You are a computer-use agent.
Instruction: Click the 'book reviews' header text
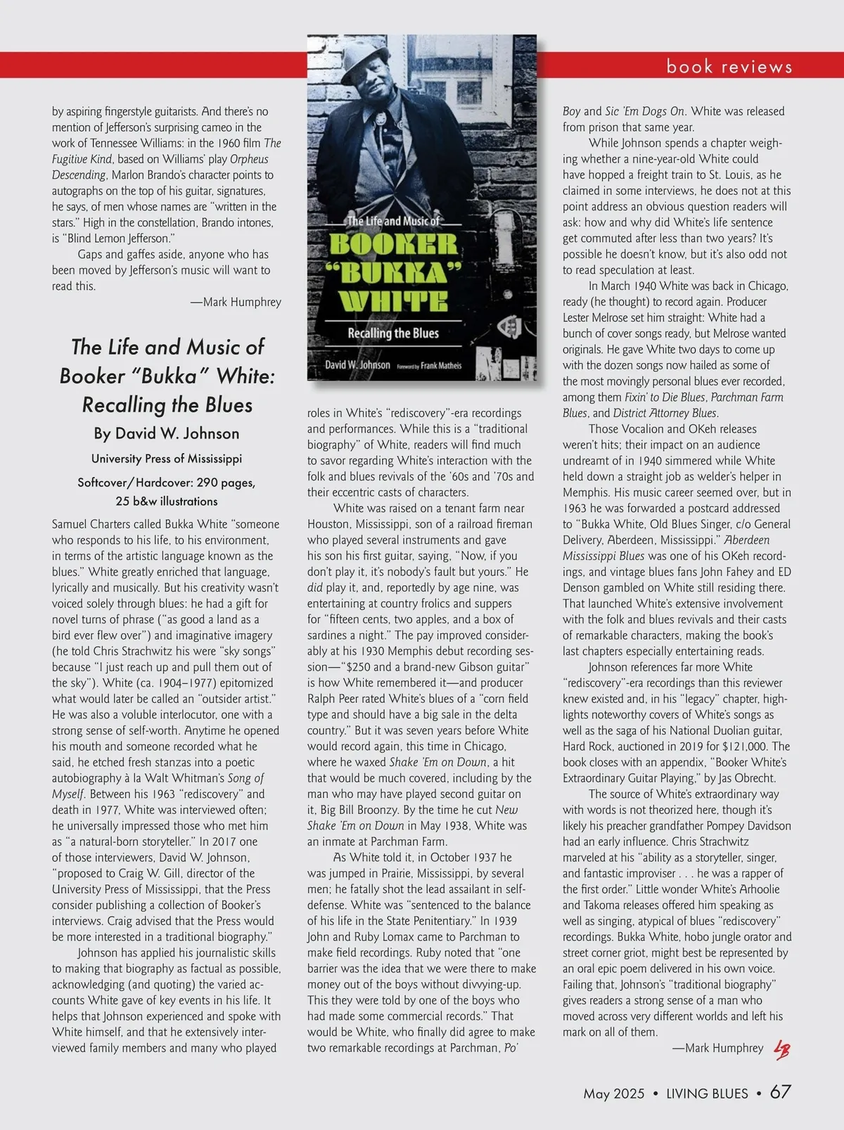point(729,67)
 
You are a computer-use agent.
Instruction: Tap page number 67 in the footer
point(780,1092)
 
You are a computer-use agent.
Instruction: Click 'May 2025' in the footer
point(613,1093)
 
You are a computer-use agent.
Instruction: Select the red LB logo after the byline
point(781,1050)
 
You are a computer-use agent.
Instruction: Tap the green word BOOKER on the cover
point(393,244)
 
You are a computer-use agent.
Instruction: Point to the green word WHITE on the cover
point(393,301)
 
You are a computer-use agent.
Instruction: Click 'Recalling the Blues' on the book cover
point(393,334)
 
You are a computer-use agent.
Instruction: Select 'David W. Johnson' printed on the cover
point(357,365)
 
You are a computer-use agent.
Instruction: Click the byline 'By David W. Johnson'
point(167,433)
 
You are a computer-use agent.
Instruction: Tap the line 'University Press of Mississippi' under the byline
point(167,459)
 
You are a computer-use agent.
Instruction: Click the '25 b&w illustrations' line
point(167,501)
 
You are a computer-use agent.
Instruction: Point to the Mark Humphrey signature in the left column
point(236,302)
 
